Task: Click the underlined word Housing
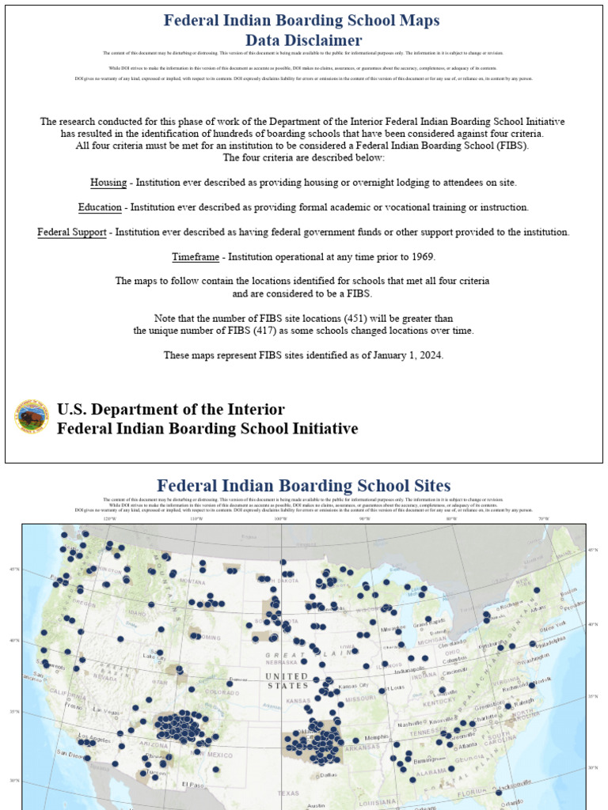108,183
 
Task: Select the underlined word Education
100,207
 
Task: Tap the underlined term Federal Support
71,233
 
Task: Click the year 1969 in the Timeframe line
420,257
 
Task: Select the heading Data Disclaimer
303,40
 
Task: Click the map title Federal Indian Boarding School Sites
303,486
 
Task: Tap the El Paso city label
192,785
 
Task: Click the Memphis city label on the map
377,737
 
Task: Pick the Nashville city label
409,724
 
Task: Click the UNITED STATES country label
286,681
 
